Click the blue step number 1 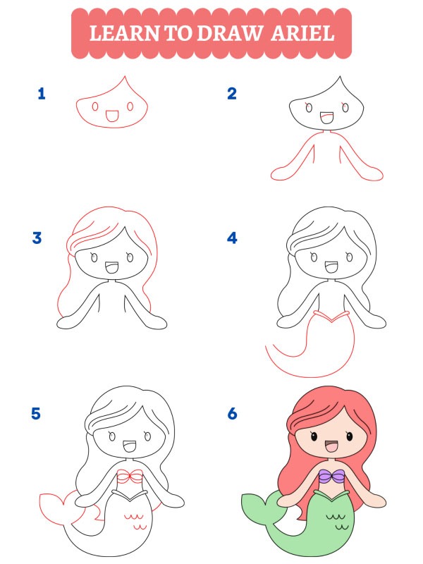pos(42,93)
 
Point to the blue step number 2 pos(231,93)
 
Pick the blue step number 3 pos(37,238)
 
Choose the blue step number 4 pos(231,238)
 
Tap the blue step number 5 pos(37,412)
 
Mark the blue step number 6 pos(232,412)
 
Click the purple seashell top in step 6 pos(333,477)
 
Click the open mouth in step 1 pos(111,114)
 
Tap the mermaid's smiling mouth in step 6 pos(329,446)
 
